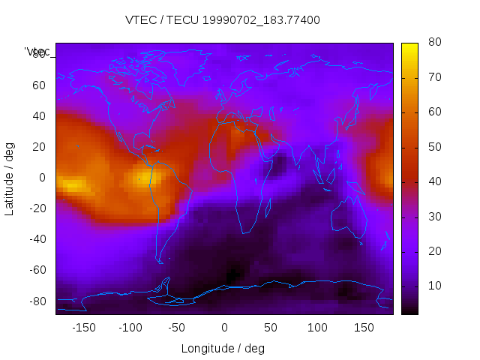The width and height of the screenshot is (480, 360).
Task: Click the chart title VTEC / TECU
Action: pyautogui.click(x=222, y=20)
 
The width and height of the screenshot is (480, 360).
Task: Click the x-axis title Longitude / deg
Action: pyautogui.click(x=223, y=348)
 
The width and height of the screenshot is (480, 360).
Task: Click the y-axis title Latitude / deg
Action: pyautogui.click(x=10, y=177)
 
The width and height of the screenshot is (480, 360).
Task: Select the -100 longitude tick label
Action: pyautogui.click(x=130, y=328)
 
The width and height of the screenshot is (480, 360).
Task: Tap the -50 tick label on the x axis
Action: pyautogui.click(x=177, y=328)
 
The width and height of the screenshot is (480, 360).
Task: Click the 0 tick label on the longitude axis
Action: pyautogui.click(x=223, y=328)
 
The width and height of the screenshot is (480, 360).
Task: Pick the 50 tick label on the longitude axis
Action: pyautogui.click(x=270, y=328)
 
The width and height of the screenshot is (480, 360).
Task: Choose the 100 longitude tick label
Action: pyautogui.click(x=317, y=328)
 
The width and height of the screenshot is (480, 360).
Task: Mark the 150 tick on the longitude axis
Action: pyautogui.click(x=364, y=328)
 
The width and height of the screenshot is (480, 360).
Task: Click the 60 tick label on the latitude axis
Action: pyautogui.click(x=38, y=85)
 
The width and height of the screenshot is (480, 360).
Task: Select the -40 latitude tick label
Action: pyautogui.click(x=36, y=239)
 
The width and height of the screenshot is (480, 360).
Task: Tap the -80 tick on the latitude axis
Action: pyautogui.click(x=36, y=301)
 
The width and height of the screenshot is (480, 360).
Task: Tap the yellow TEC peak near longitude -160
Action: pyautogui.click(x=72, y=184)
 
